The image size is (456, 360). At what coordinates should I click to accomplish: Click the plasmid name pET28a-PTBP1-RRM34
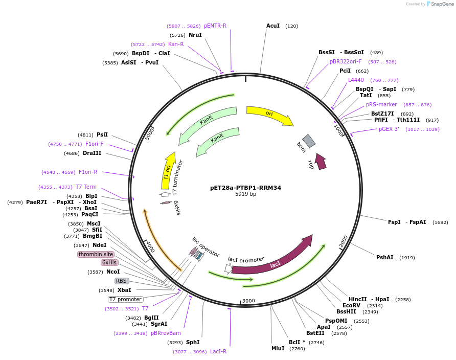click(245, 188)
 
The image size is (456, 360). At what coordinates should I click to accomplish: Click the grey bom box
click(309, 141)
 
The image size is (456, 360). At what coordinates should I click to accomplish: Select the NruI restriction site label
click(195, 35)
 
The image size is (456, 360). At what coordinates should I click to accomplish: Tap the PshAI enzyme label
click(385, 257)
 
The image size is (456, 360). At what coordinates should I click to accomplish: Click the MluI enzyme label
click(278, 348)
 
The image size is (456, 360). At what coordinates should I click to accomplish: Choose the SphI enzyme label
click(193, 342)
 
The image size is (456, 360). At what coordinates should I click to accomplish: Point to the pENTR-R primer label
click(215, 26)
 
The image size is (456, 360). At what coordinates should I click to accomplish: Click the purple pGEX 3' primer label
click(389, 129)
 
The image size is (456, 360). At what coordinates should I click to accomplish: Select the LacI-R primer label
click(218, 351)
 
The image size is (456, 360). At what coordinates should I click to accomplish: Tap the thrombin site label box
click(96, 254)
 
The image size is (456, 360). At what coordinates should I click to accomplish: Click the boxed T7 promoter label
click(125, 299)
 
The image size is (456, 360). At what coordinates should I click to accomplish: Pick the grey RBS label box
click(121, 281)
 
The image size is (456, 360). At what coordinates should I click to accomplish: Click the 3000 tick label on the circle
click(248, 301)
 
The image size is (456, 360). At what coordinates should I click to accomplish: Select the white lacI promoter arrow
click(229, 268)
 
